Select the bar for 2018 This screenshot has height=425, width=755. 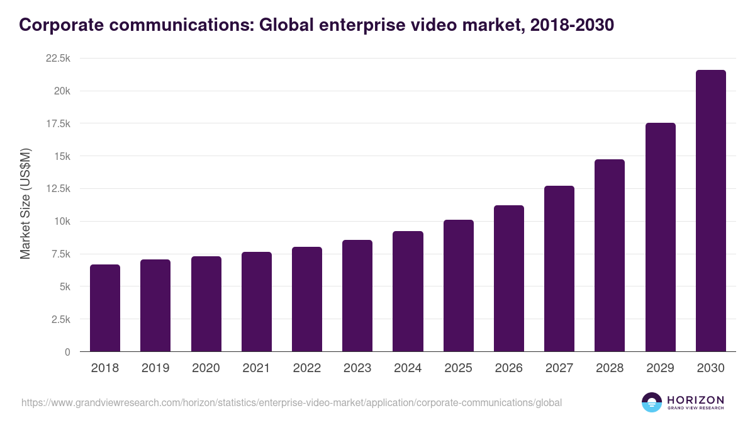[x=105, y=308]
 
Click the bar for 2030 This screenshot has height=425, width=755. [x=710, y=211]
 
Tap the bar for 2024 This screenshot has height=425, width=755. [x=408, y=292]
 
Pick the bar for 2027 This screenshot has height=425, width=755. [x=559, y=269]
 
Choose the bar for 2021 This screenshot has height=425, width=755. [x=257, y=302]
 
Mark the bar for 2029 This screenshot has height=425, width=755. [x=660, y=237]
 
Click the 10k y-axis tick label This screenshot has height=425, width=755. [x=61, y=222]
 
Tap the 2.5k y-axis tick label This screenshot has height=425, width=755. [x=60, y=319]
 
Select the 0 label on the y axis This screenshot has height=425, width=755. [x=67, y=352]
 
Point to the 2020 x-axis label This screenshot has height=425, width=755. [x=206, y=368]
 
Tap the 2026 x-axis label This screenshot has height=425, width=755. [x=508, y=368]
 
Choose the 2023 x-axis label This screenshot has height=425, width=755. [x=357, y=368]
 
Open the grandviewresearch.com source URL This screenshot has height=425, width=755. [x=291, y=402]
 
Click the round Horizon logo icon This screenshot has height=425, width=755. [x=652, y=402]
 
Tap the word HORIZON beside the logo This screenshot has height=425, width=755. [x=695, y=400]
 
